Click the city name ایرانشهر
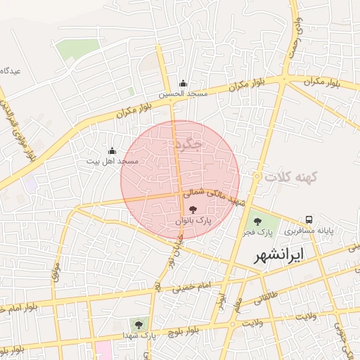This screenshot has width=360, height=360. tap(288, 254)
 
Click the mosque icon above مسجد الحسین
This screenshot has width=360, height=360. tap(183, 83)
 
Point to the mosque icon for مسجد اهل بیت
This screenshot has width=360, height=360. tap(112, 150)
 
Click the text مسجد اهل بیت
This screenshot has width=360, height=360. tap(112, 161)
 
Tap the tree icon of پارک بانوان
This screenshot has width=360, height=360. tap(193, 210)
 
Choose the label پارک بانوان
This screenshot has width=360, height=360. tap(193, 221)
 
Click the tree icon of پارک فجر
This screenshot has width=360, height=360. tap(257, 221)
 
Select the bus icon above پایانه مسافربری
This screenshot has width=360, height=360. tap(309, 219)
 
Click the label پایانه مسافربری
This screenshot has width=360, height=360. tap(309, 231)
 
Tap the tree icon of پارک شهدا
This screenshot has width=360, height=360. tap(139, 324)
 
